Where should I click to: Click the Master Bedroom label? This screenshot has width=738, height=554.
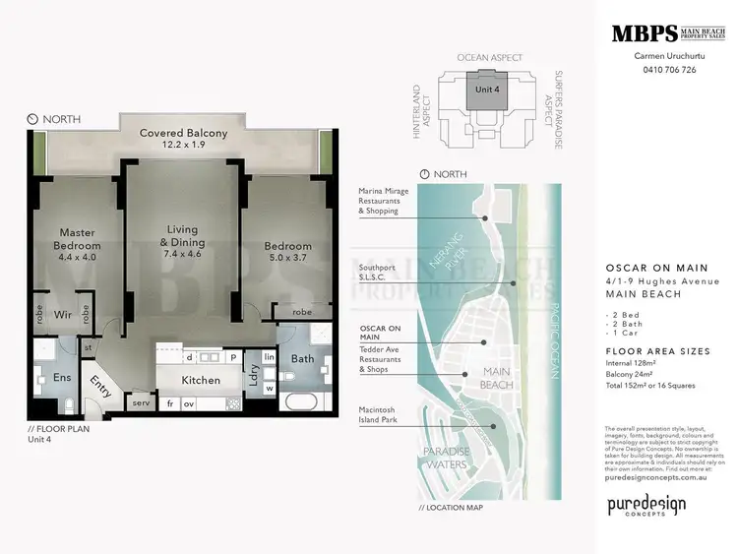point(77,239)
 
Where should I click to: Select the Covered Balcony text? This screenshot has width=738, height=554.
point(183,134)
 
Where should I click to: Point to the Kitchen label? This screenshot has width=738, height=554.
point(201,379)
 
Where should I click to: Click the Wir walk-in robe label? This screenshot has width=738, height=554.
point(62,316)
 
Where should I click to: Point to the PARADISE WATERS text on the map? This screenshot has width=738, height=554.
point(448,457)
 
